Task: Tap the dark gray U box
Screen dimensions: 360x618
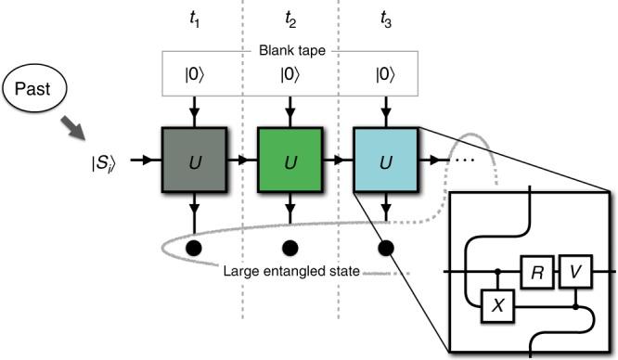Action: point(194,161)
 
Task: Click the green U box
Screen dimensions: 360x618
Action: point(290,161)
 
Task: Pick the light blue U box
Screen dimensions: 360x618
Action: point(386,161)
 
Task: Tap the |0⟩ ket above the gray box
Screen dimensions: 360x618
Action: point(194,72)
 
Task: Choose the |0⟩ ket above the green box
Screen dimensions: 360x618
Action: point(290,72)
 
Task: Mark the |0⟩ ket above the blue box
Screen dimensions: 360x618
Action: point(386,72)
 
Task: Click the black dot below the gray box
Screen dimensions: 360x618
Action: point(194,247)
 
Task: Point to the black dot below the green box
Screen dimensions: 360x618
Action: point(290,247)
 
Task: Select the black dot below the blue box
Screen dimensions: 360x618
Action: point(386,247)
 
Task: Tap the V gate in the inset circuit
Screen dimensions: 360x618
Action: point(576,273)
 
